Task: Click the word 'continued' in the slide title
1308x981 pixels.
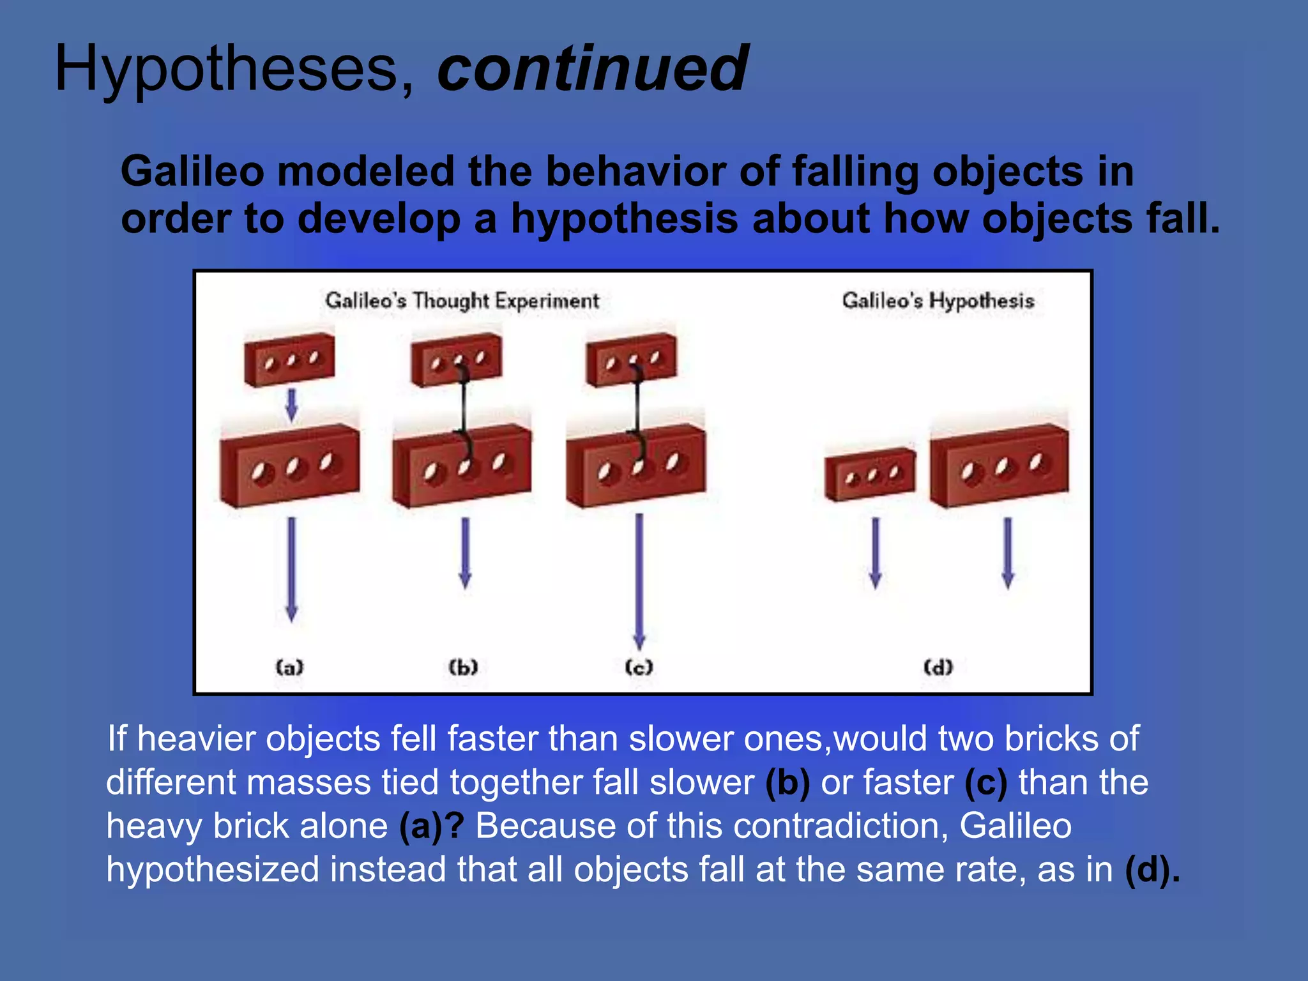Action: pos(592,68)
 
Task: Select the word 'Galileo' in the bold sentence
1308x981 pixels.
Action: pos(192,172)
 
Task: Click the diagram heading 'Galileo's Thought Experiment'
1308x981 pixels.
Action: pos(462,300)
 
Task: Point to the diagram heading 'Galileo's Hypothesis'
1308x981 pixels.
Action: pos(938,300)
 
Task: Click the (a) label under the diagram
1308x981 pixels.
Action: pos(289,667)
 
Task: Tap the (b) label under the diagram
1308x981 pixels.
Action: pos(463,667)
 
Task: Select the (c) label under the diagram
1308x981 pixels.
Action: pos(639,667)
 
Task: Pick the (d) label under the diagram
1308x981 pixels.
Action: pos(938,667)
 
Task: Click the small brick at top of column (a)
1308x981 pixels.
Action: pos(289,360)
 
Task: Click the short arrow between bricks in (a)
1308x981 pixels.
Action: pos(291,405)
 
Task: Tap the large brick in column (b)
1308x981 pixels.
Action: pos(462,466)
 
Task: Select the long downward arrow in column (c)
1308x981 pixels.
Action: pos(639,581)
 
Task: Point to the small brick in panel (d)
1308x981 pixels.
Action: pos(870,475)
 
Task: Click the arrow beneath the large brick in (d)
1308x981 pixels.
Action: pos(1008,552)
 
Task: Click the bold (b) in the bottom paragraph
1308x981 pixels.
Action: pos(787,783)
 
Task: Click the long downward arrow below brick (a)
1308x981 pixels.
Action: pos(291,568)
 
